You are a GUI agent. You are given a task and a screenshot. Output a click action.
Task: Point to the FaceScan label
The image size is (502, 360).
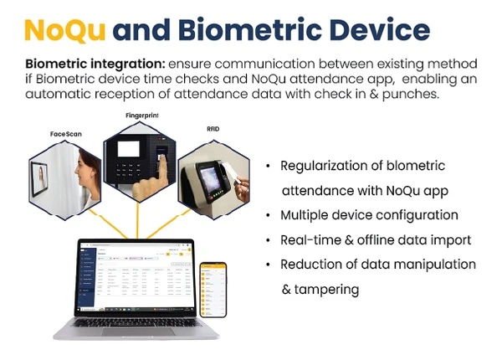(67, 134)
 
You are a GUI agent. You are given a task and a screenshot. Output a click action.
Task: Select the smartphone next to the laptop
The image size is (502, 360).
(213, 290)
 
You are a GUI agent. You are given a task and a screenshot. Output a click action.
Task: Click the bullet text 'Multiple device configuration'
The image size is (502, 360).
(369, 215)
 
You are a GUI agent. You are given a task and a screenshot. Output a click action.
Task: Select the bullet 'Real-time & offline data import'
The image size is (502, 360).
(376, 240)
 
